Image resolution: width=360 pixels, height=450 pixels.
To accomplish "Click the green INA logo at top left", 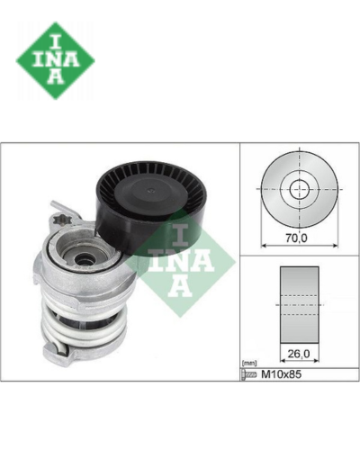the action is click(56, 60).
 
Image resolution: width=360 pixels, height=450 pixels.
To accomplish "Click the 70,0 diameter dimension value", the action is click(296, 238).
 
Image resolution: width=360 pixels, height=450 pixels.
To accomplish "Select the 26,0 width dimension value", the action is click(299, 355).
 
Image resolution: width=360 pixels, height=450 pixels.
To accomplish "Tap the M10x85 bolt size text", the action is click(282, 374).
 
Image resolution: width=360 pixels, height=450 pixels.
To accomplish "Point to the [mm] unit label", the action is click(249, 364).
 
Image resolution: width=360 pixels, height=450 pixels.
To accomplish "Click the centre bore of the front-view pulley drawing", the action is click(300, 189).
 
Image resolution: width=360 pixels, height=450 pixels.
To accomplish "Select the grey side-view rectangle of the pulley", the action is click(300, 304).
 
